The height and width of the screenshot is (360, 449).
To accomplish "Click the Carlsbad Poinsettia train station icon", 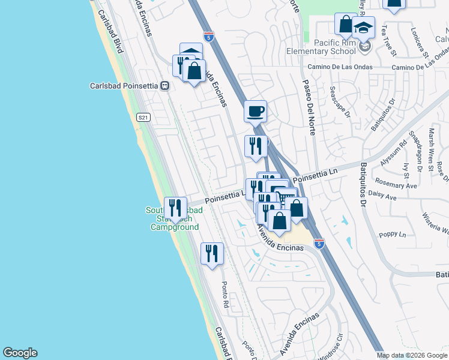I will [163, 86].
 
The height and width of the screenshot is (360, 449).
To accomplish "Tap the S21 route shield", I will [142, 117].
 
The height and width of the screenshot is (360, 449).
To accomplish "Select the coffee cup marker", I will [256, 111].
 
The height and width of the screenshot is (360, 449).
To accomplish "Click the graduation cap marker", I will [363, 28].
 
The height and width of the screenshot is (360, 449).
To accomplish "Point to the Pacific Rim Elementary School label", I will [339, 47].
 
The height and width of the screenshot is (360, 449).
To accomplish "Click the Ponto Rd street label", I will [225, 295].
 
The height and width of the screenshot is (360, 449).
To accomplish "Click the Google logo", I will [20, 353].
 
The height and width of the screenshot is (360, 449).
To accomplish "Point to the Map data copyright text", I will [411, 355].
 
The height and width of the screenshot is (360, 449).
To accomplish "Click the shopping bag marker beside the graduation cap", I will [346, 25].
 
